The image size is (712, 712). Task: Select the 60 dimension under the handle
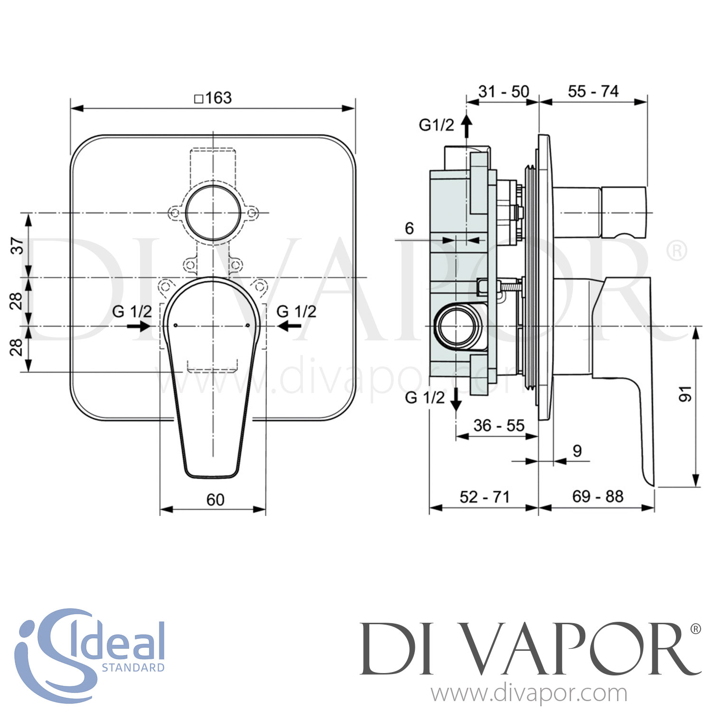tap(215, 500)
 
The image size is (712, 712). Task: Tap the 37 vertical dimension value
tap(17, 246)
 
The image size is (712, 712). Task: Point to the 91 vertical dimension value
tap(685, 394)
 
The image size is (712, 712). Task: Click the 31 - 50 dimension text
tap(504, 91)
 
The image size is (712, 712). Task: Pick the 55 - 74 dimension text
tap(593, 91)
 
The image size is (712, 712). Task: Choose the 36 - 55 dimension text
tap(498, 425)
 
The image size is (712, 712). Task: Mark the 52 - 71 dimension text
tap(484, 497)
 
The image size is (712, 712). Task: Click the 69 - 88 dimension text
tap(598, 497)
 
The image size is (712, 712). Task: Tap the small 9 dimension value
tap(577, 450)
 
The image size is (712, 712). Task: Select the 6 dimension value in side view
tap(409, 228)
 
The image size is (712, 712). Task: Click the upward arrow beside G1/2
tap(467, 125)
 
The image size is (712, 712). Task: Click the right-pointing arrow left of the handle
tap(139, 326)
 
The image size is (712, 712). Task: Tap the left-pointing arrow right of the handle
tap(289, 326)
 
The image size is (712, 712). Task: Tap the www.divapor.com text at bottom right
tap(529, 694)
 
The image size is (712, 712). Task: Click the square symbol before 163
tap(199, 99)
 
